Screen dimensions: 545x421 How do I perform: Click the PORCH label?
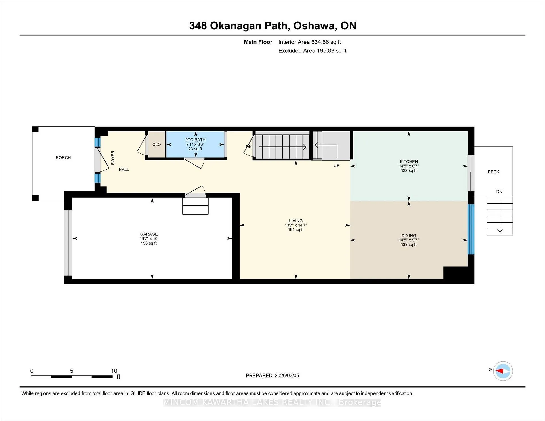click(63, 158)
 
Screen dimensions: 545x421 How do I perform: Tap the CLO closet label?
click(156, 144)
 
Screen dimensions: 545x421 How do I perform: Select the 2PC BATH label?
click(195, 140)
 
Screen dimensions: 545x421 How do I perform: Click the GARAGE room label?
click(149, 234)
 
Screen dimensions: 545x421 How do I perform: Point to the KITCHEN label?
click(409, 161)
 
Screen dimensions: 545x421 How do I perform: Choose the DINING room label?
click(409, 235)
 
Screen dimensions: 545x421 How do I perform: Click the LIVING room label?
click(296, 220)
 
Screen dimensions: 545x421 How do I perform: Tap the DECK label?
click(493, 172)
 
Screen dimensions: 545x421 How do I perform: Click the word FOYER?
click(113, 158)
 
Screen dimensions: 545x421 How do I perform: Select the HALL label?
click(124, 170)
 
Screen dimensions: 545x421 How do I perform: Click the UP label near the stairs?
click(336, 165)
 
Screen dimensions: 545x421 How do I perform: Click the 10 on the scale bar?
click(114, 371)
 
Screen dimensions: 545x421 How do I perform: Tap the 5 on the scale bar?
click(72, 371)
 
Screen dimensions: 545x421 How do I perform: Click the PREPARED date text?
click(272, 376)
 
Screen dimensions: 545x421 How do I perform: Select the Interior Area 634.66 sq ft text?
click(310, 42)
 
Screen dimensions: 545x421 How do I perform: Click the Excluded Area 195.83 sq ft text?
click(312, 51)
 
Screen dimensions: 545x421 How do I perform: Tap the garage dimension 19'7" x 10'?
click(149, 239)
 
